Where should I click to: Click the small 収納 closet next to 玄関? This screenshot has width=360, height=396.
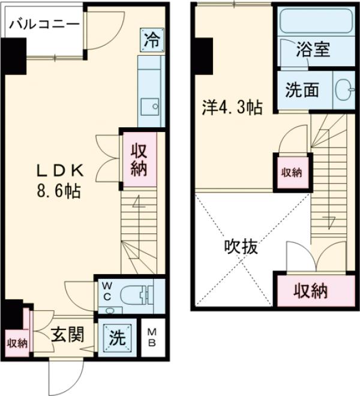click(x=17, y=343)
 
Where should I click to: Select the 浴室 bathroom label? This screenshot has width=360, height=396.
click(x=313, y=50)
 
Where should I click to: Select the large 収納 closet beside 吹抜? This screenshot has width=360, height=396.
click(x=310, y=292)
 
